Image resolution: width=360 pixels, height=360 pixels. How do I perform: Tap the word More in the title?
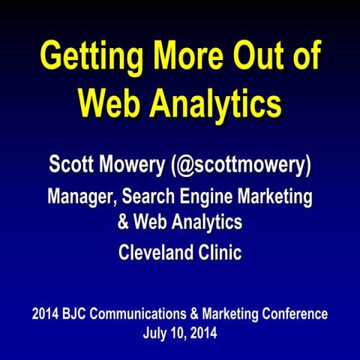coord(190,58)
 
